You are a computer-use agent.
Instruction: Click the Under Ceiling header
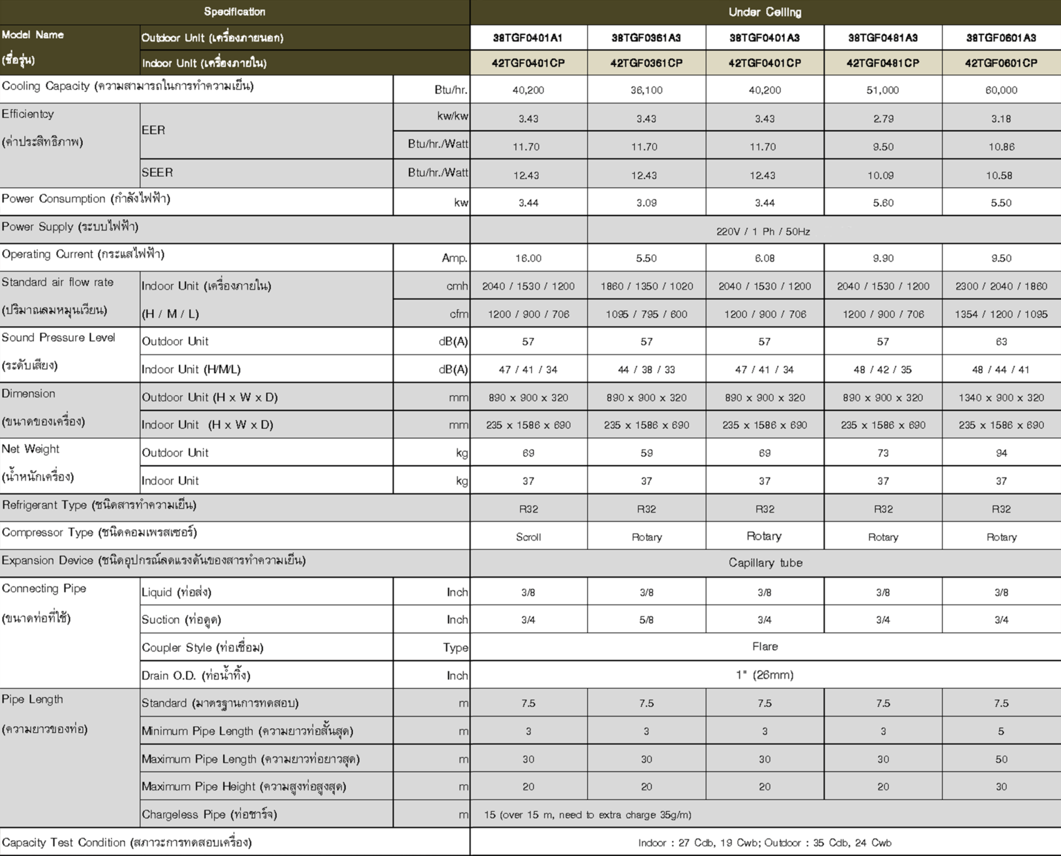(765, 12)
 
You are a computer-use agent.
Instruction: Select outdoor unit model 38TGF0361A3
(647, 38)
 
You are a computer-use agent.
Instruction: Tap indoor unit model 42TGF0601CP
(1001, 63)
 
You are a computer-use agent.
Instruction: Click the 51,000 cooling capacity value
(883, 90)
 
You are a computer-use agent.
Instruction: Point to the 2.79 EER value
(883, 119)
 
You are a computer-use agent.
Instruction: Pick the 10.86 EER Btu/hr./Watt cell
(1001, 147)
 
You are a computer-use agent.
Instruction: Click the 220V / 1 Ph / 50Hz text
(763, 231)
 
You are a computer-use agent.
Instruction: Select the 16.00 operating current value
(528, 258)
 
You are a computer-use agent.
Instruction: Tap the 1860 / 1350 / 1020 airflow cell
(647, 286)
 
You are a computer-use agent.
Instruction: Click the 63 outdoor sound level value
(1001, 342)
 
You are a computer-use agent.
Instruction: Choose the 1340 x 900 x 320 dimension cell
(1001, 398)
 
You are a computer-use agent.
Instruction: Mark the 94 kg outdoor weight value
(1001, 453)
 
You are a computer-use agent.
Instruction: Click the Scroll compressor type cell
(528, 537)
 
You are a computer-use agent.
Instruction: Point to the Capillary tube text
(765, 563)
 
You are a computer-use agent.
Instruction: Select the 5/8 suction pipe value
(647, 620)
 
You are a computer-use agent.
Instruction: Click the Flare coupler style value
(765, 647)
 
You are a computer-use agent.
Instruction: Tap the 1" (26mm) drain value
(765, 675)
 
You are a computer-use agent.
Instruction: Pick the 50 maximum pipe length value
(1001, 759)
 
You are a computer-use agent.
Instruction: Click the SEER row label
(157, 173)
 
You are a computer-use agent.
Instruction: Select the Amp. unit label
(455, 258)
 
